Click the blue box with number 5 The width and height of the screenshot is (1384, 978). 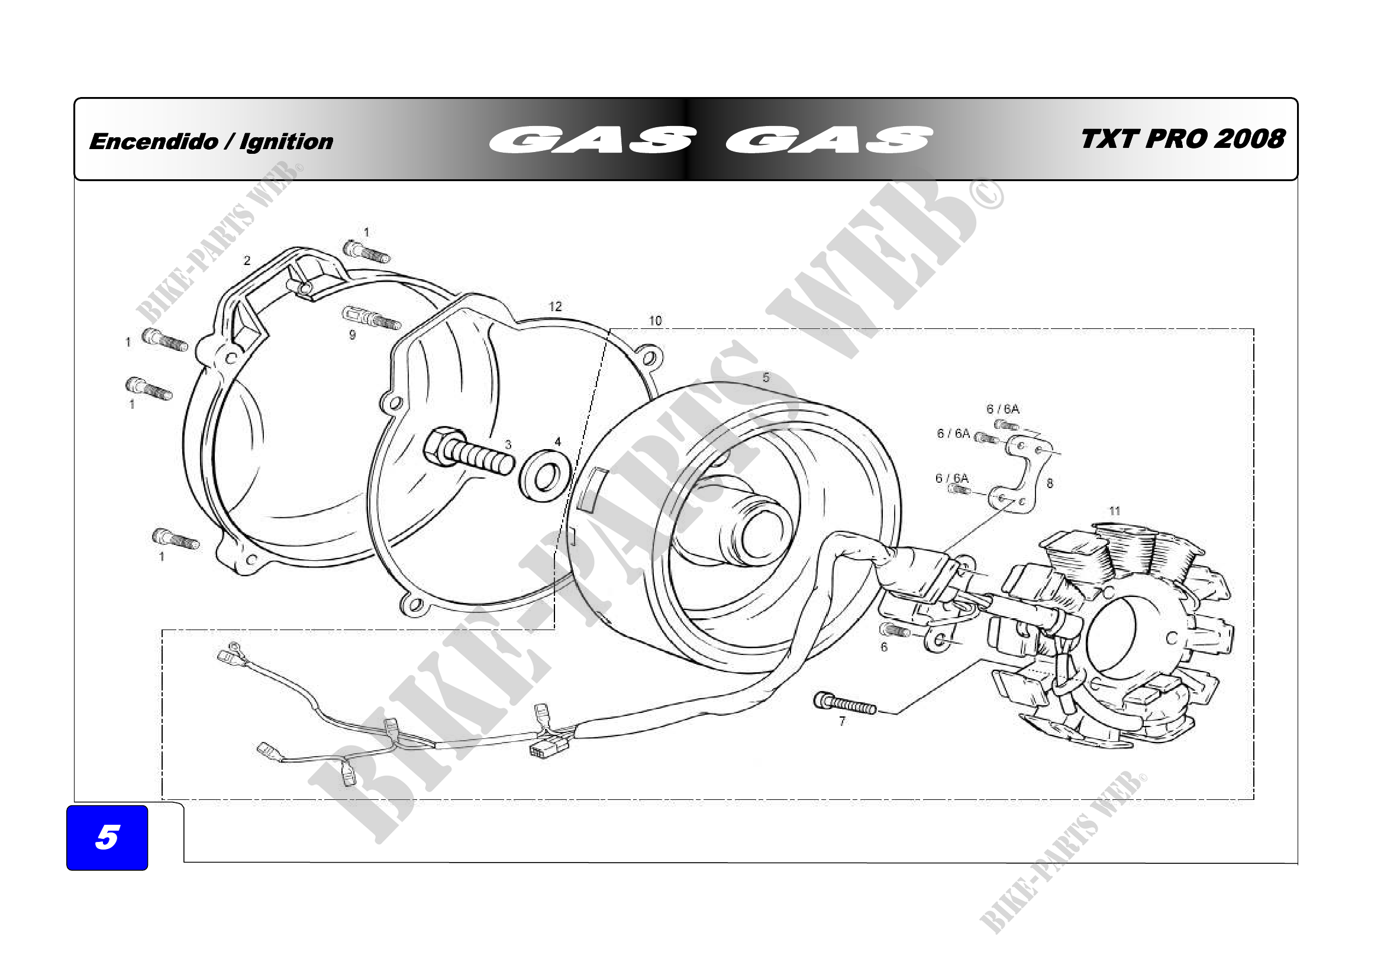point(107,837)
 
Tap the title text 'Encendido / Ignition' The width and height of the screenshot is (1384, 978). point(211,141)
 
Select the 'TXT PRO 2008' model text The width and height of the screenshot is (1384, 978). point(1183,139)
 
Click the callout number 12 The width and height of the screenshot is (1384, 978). point(555,306)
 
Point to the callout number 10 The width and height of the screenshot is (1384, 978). point(655,321)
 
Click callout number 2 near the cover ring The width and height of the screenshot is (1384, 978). point(247,260)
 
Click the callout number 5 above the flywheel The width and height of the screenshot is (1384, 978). point(766,378)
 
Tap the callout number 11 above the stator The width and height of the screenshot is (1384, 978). point(1115,511)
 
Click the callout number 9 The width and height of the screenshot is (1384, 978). point(353,335)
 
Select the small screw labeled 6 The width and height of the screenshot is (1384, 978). point(895,630)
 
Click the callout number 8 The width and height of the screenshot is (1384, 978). point(1050,483)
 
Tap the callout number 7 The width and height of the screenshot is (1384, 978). point(842,721)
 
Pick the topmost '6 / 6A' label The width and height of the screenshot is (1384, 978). point(1002,409)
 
